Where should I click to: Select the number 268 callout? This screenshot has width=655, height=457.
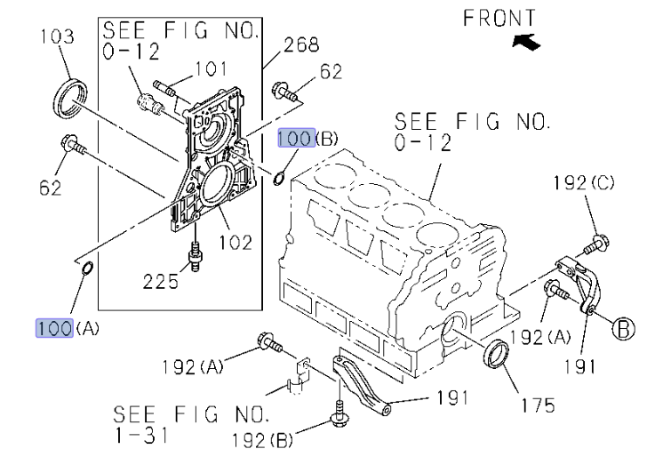pyautogui.click(x=300, y=44)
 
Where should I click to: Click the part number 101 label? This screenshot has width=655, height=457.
pyautogui.click(x=211, y=68)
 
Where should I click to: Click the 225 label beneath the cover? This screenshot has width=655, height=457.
pyautogui.click(x=161, y=282)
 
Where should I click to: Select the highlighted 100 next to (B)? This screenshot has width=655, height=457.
pyautogui.click(x=295, y=139)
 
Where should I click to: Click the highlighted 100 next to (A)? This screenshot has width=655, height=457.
pyautogui.click(x=53, y=327)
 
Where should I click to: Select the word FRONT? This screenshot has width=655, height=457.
pyautogui.click(x=499, y=18)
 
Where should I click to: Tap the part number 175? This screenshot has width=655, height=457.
pyautogui.click(x=538, y=405)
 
